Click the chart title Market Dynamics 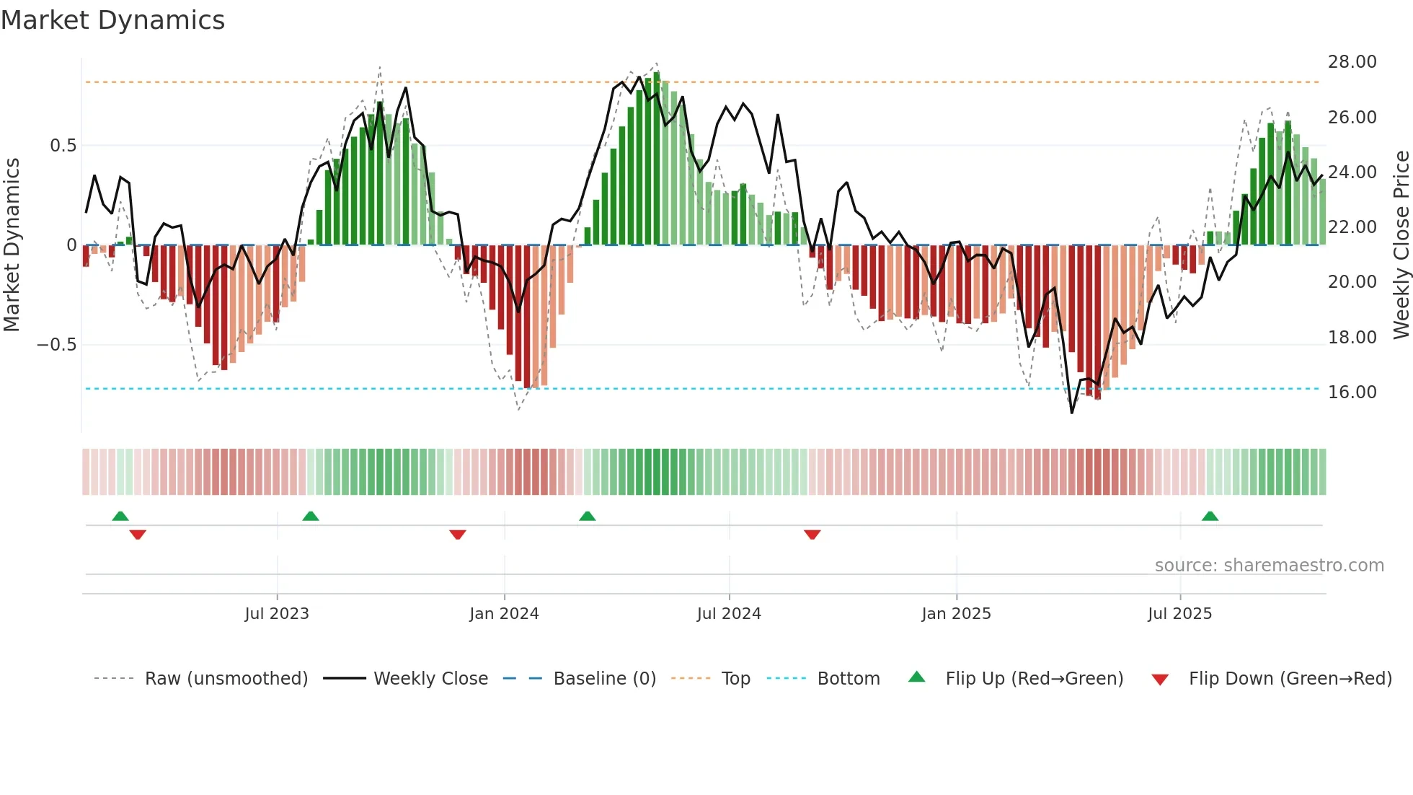pyautogui.click(x=112, y=20)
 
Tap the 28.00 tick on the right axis pyautogui.click(x=1352, y=62)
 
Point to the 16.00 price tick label pyautogui.click(x=1352, y=392)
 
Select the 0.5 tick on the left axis pyautogui.click(x=63, y=146)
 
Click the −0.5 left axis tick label pyautogui.click(x=56, y=345)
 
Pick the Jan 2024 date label pyautogui.click(x=504, y=614)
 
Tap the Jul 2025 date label pyautogui.click(x=1179, y=614)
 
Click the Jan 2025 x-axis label pyautogui.click(x=956, y=614)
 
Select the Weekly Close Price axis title pyautogui.click(x=1401, y=245)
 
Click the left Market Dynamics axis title pyautogui.click(x=12, y=245)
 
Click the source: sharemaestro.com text pyautogui.click(x=1269, y=566)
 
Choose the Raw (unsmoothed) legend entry pyautogui.click(x=226, y=679)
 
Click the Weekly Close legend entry pyautogui.click(x=430, y=679)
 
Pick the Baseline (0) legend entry pyautogui.click(x=604, y=679)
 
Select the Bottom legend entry pyautogui.click(x=848, y=679)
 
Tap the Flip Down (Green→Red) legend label pyautogui.click(x=1290, y=679)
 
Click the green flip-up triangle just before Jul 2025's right pyautogui.click(x=1210, y=517)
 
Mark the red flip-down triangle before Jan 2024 pyautogui.click(x=457, y=535)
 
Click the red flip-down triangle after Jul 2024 pyautogui.click(x=812, y=535)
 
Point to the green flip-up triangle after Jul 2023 pyautogui.click(x=310, y=517)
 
